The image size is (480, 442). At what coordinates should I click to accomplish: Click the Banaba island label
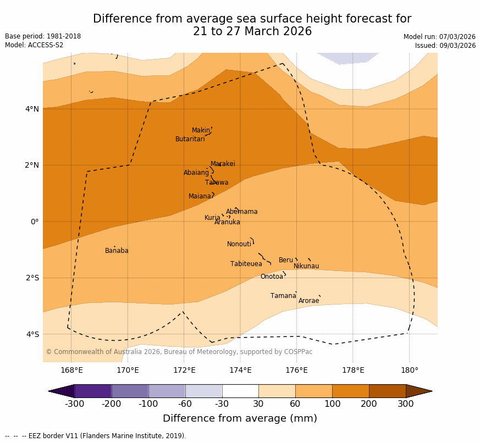(x=117, y=251)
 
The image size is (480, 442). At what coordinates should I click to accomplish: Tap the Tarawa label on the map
(x=217, y=183)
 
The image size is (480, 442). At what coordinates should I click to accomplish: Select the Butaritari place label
(x=190, y=139)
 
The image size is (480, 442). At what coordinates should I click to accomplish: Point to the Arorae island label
(x=308, y=301)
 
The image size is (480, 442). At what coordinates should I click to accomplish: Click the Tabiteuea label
(x=246, y=264)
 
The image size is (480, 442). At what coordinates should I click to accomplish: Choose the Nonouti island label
(x=239, y=244)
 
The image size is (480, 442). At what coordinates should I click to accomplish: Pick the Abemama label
(x=241, y=212)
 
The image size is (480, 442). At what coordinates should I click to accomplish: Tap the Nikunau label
(x=306, y=266)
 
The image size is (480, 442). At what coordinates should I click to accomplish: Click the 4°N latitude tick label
(x=32, y=109)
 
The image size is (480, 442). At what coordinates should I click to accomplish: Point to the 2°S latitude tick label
(x=32, y=278)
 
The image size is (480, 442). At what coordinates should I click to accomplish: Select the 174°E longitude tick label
(x=240, y=370)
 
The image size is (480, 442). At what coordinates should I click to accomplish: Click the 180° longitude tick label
(x=409, y=370)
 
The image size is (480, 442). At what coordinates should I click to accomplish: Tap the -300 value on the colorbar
(x=74, y=404)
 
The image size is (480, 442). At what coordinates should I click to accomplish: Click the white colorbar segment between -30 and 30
(x=240, y=391)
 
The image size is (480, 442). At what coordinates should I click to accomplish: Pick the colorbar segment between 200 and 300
(x=387, y=391)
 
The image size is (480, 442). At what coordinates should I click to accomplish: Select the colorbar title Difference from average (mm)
(x=240, y=418)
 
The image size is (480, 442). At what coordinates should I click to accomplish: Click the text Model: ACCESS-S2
(x=34, y=45)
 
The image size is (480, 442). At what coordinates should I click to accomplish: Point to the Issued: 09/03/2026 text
(x=445, y=46)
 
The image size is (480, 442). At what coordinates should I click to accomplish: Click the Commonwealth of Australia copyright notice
(x=179, y=352)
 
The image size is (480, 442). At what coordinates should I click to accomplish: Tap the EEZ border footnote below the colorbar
(x=96, y=436)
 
